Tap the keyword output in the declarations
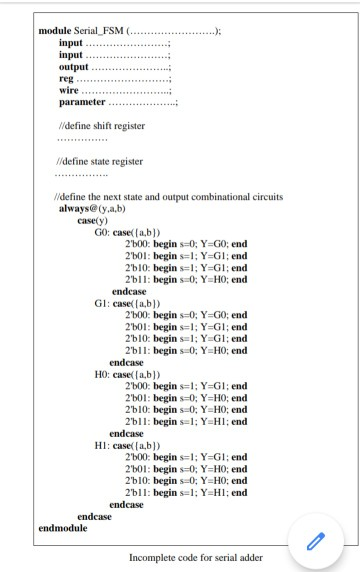coord(75,66)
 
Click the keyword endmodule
coord(62,526)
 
